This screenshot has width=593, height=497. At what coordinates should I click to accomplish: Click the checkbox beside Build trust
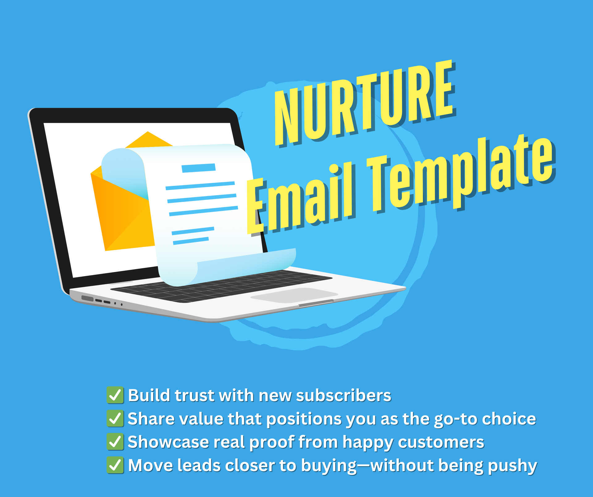tap(115, 395)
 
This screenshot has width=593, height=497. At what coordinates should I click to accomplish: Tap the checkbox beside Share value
tap(115, 419)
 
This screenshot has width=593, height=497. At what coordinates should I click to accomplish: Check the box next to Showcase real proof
tap(115, 442)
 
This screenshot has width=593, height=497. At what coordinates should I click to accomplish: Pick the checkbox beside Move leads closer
tap(115, 465)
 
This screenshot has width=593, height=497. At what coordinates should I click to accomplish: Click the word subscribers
tap(344, 395)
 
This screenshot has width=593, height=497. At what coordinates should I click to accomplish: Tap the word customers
tap(441, 442)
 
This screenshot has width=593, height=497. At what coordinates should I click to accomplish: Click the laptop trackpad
tap(294, 295)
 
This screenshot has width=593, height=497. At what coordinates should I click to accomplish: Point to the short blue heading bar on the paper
tap(199, 168)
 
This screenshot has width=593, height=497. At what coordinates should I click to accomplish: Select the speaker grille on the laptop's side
tap(87, 299)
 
